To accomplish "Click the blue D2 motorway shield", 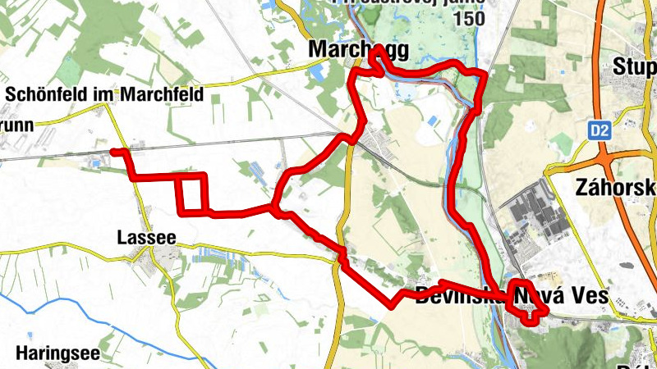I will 600,130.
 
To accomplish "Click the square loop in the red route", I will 191,193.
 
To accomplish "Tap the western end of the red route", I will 113,152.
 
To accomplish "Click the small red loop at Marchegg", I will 376,62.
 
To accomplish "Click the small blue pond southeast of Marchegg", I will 432,123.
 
